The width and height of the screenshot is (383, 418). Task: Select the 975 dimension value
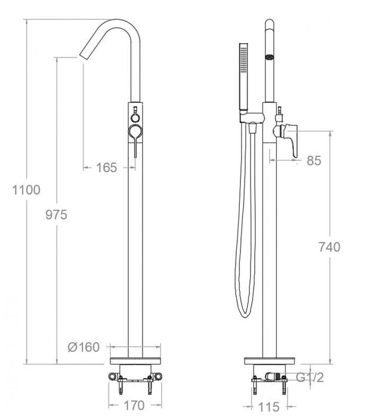click(x=68, y=214)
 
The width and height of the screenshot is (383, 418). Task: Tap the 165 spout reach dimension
click(x=106, y=168)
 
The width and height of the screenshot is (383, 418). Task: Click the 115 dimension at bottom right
click(x=270, y=408)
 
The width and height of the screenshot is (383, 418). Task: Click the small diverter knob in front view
click(x=135, y=110)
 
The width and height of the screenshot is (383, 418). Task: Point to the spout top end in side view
click(x=270, y=27)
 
